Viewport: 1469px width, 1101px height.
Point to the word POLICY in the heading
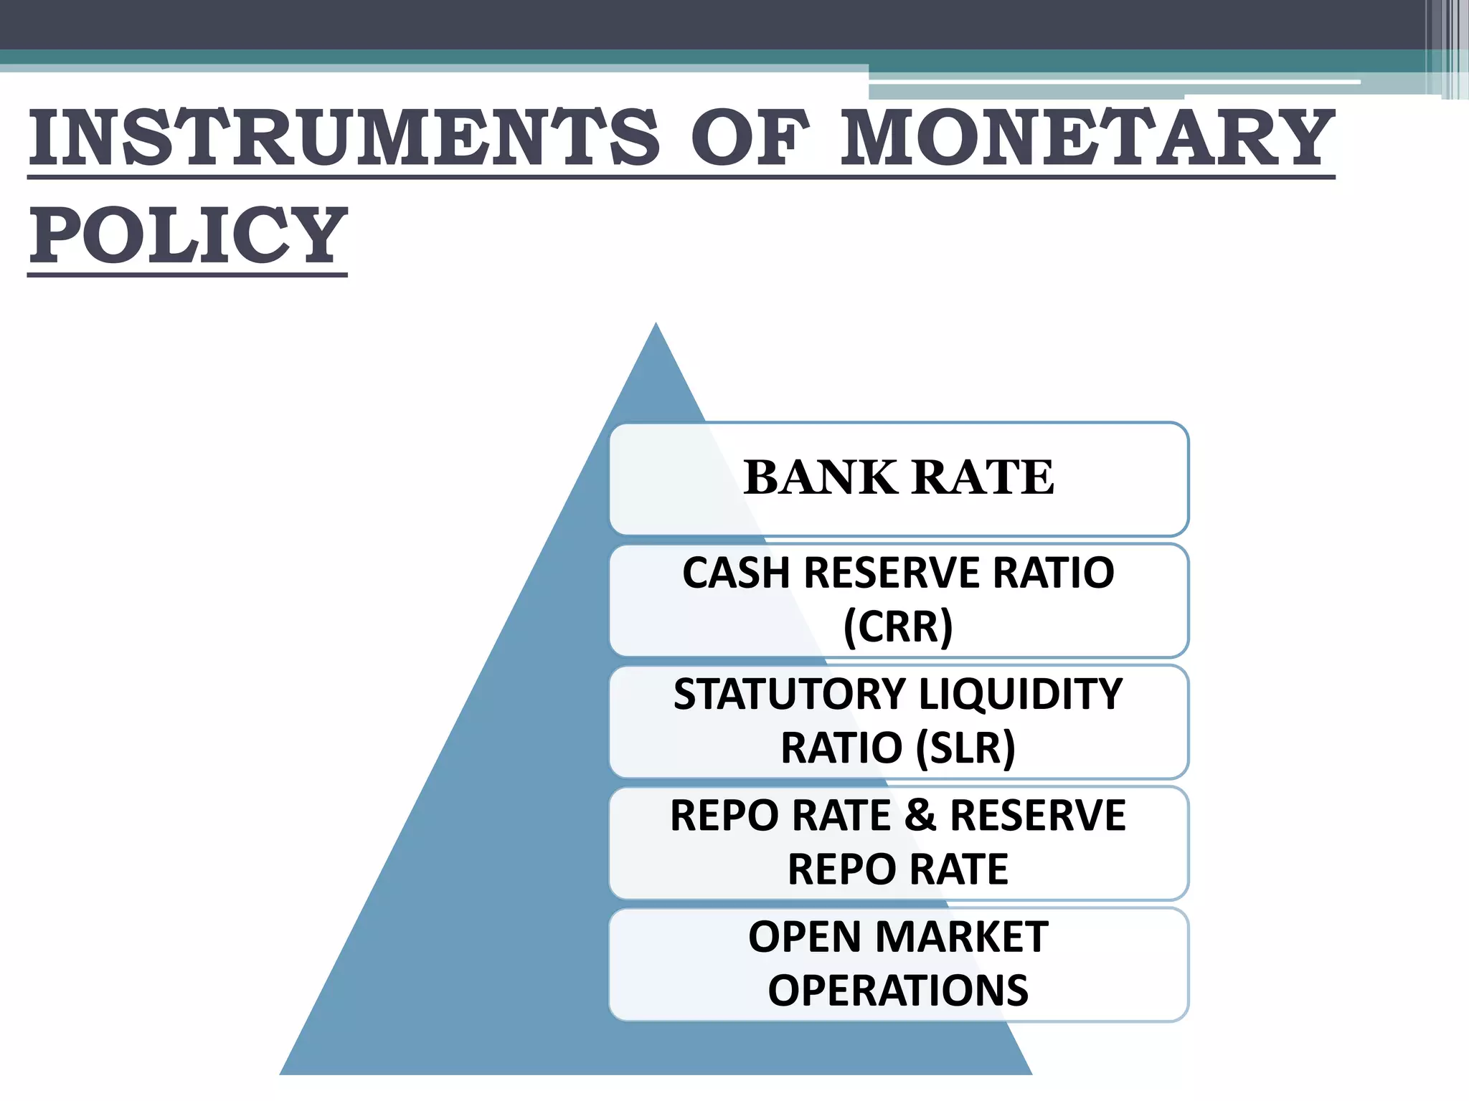(188, 234)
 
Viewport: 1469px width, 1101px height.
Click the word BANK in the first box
(820, 477)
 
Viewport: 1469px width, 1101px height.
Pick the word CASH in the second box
(736, 573)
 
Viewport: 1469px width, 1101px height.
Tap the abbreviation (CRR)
(898, 626)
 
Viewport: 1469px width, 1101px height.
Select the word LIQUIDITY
(1020, 694)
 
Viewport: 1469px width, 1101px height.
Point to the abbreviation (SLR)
(965, 748)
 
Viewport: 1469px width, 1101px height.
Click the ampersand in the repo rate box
(920, 815)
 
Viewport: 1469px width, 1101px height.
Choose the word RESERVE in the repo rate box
(1038, 815)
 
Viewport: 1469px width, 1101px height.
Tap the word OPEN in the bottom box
(805, 937)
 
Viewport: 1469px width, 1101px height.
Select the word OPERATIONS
(898, 991)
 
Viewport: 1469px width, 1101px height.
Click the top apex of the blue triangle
(656, 325)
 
